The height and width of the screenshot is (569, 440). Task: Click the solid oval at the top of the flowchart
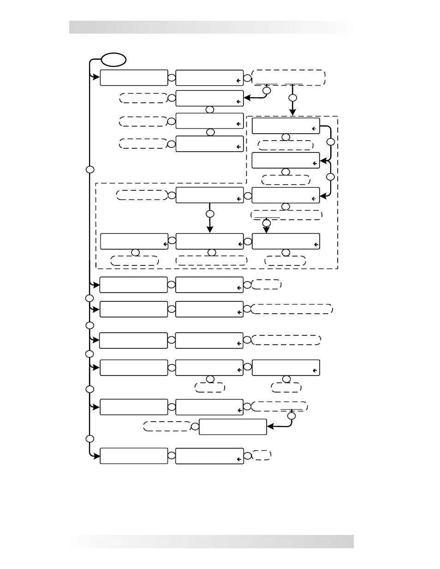[114, 59]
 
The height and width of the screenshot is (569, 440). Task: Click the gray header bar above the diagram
[211, 27]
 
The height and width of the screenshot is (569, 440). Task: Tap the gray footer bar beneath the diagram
[211, 541]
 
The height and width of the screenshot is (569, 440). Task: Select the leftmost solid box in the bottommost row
[134, 456]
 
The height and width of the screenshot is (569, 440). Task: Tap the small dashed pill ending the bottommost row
[262, 455]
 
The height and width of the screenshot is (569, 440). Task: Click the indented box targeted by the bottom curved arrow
[233, 427]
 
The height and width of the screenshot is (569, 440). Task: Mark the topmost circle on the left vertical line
[90, 170]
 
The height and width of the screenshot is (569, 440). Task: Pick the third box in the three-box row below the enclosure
[286, 368]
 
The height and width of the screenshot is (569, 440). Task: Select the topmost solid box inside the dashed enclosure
[286, 126]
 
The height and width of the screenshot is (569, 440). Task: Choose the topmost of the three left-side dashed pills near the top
[143, 98]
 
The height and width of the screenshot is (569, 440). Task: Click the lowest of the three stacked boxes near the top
[209, 144]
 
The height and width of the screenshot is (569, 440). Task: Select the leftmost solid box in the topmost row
[134, 78]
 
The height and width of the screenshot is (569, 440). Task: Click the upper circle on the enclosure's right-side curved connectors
[330, 142]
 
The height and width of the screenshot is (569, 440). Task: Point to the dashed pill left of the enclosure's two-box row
[142, 195]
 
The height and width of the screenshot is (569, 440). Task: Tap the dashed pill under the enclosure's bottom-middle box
[212, 260]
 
